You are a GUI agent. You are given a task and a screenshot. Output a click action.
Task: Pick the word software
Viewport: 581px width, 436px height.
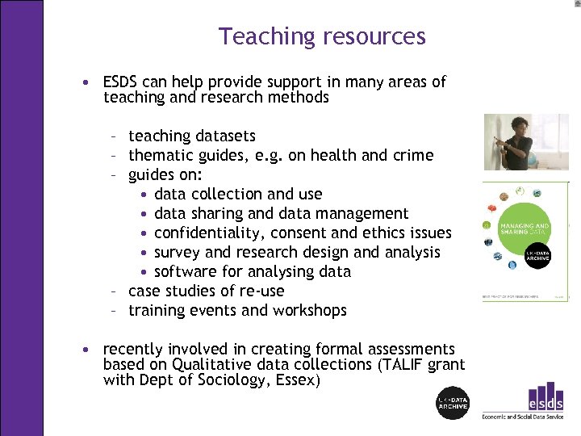point(186,271)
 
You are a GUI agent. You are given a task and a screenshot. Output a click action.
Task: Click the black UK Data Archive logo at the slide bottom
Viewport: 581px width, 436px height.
point(452,403)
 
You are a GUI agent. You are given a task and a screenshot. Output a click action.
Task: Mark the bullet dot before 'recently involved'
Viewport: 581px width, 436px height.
point(85,350)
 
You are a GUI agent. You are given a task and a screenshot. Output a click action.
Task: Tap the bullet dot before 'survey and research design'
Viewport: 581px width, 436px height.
point(143,253)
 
